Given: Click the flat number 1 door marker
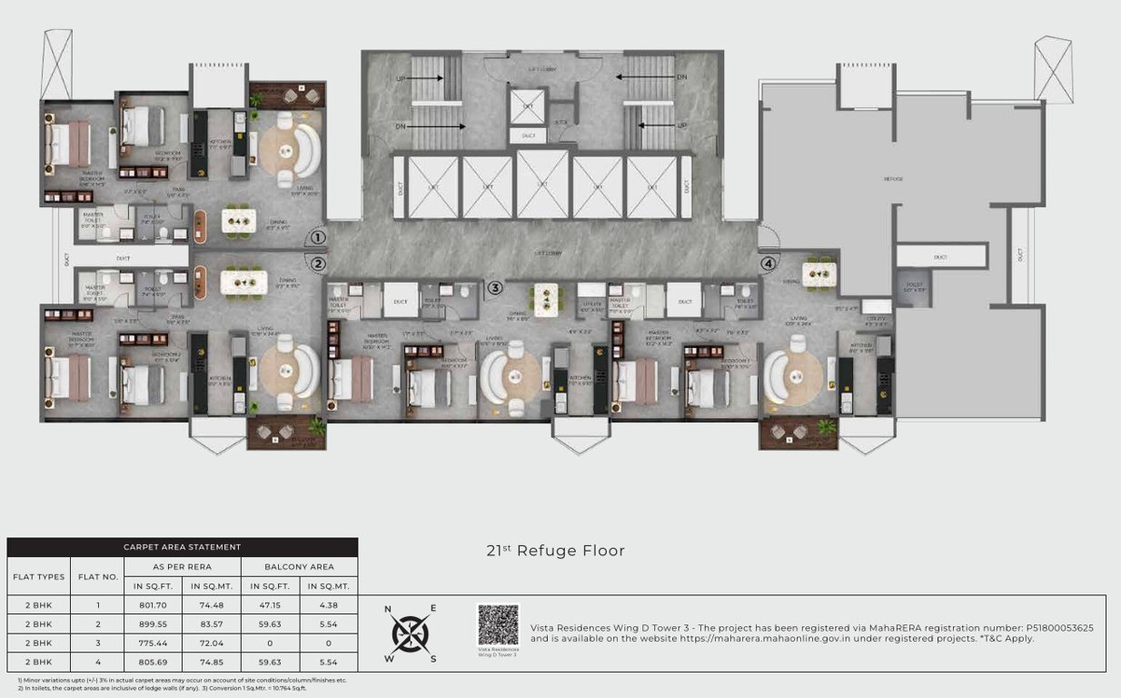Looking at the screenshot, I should [318, 238].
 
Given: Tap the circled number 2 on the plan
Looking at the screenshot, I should [318, 264].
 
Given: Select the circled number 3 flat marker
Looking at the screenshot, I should [494, 289].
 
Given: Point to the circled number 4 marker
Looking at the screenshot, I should [769, 264].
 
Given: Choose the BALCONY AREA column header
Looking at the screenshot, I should [299, 566].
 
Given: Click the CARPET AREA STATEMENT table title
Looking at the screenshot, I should [183, 547].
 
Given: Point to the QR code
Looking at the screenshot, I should [498, 625].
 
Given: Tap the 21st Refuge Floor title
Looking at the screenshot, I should [556, 551].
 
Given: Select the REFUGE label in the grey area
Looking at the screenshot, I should [894, 179].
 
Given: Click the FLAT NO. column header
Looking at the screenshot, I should [96, 576].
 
